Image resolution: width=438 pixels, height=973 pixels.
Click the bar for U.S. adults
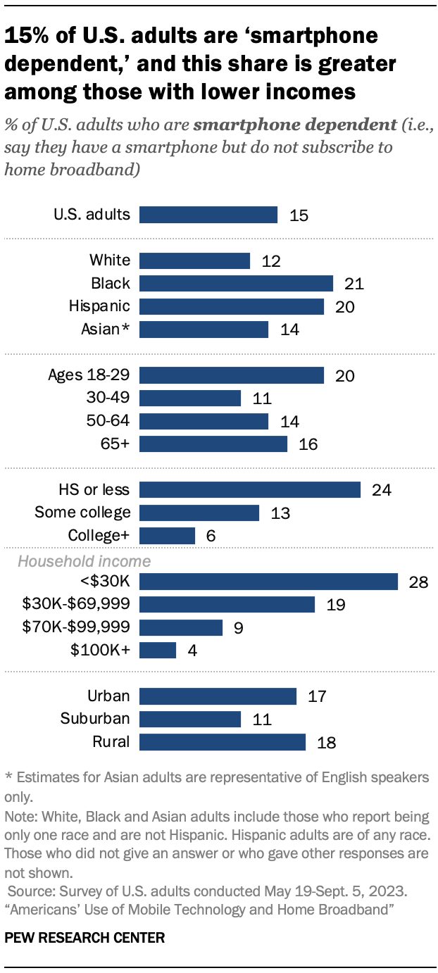208,215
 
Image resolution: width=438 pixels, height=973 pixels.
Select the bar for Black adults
236,283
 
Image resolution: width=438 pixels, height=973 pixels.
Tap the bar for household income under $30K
269,581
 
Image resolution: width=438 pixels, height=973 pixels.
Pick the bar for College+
167,536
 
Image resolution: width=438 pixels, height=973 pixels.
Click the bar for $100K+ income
158,650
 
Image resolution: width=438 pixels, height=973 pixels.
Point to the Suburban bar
190,719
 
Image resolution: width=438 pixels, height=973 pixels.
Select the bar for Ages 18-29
232,375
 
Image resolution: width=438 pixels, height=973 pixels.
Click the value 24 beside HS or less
381,490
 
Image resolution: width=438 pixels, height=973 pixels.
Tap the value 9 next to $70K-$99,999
238,627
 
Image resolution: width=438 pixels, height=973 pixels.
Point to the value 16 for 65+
308,444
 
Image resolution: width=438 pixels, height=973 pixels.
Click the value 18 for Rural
326,742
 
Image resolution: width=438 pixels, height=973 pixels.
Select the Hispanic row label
99,306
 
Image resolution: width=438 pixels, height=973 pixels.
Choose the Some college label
82,513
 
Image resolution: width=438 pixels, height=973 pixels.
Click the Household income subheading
84,561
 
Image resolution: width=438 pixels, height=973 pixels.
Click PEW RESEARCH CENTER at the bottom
85,937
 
